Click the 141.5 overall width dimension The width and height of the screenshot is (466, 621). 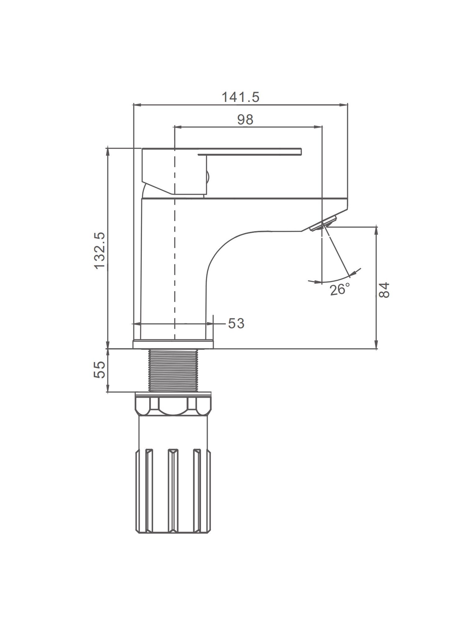tap(240, 97)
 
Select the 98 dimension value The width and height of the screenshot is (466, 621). tap(245, 120)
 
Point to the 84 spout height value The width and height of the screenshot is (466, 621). tap(384, 290)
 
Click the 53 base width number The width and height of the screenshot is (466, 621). tap(236, 324)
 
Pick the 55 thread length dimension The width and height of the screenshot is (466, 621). tap(100, 369)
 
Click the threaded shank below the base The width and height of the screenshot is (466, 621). tap(174, 370)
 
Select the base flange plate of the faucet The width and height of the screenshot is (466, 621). tap(173, 344)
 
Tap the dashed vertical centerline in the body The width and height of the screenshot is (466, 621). tap(175, 233)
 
